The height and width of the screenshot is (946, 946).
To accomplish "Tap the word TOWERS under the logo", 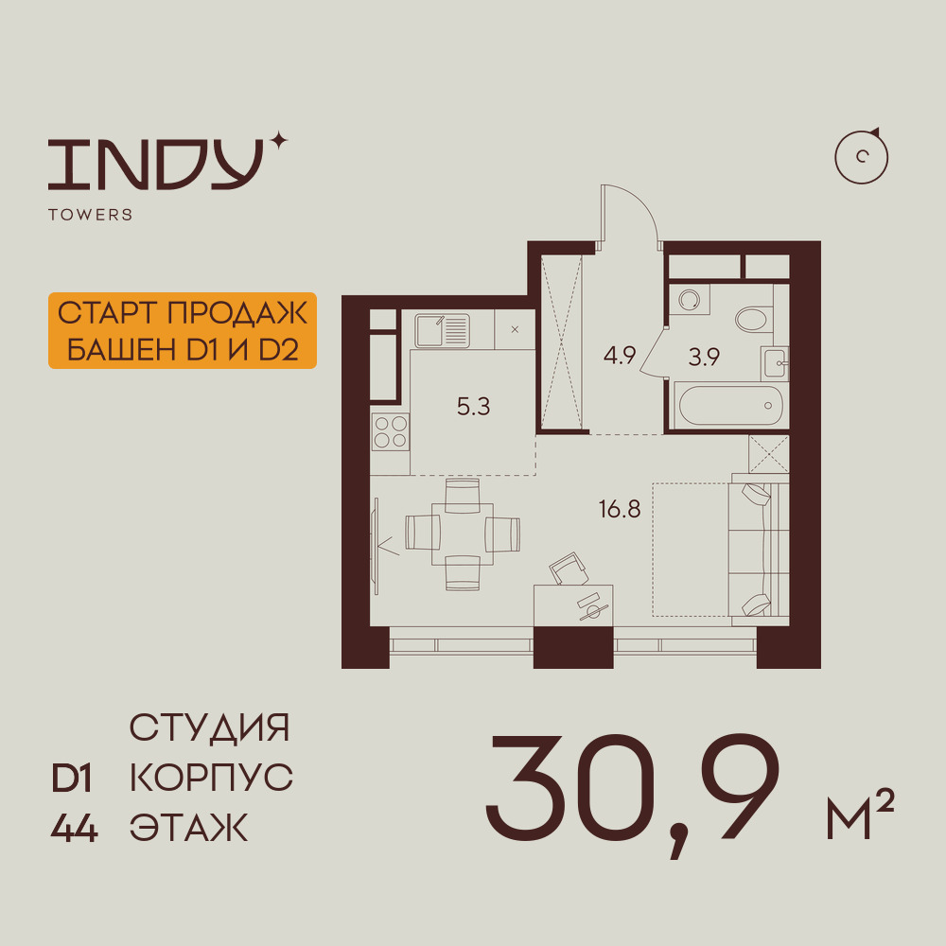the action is point(91,215).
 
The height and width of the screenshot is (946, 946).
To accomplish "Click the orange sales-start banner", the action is point(183,330).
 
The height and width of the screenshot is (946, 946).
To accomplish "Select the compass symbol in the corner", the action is point(862,157).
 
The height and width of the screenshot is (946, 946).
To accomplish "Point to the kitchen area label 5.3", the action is point(474,407).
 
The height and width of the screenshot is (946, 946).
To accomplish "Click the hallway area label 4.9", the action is point(620,355).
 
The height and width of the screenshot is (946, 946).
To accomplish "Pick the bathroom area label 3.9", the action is point(704,358).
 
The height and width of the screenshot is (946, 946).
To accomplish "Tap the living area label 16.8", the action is point(620,509).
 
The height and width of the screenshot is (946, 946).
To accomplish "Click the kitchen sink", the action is point(442,330).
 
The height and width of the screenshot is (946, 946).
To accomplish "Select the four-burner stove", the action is point(391,432).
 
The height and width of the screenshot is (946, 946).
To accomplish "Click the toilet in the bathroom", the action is point(754,319).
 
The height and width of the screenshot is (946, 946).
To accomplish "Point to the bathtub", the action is point(730,406).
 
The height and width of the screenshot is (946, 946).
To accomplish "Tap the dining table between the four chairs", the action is point(463,534).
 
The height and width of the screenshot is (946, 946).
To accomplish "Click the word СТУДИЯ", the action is point(210,727).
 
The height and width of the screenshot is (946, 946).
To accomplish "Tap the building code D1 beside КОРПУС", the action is point(72,779).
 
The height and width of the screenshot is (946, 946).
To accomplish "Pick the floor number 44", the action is point(74,828).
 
